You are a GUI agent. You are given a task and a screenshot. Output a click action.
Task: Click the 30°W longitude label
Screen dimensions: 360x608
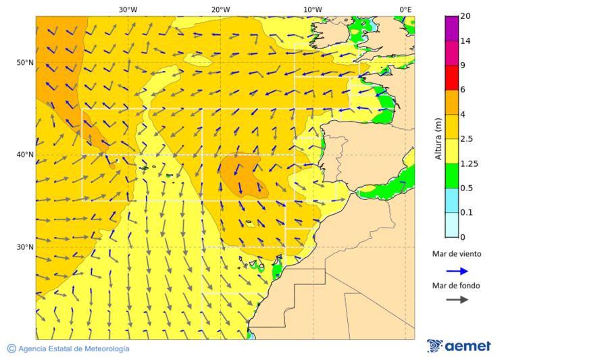(128, 9)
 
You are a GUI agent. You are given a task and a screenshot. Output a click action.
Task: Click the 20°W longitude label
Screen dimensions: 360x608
(220, 9)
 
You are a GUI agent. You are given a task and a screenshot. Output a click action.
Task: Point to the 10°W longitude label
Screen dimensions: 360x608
(312, 9)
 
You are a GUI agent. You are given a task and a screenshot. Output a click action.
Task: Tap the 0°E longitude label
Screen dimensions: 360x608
(405, 9)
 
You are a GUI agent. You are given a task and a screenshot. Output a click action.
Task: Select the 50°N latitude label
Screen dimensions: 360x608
(25, 63)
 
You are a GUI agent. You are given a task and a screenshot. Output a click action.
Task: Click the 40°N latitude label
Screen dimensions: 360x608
(25, 155)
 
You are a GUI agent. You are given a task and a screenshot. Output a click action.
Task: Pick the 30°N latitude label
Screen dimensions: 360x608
(25, 247)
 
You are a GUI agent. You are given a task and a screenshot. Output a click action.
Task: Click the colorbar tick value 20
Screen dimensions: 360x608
(465, 16)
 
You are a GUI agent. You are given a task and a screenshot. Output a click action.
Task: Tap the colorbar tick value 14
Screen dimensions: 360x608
(465, 41)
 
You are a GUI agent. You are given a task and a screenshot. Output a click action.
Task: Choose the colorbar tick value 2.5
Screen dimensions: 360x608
(466, 139)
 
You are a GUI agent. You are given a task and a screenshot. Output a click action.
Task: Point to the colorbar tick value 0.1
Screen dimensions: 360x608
(466, 213)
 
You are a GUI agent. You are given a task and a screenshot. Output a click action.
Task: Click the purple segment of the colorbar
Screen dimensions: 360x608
(451, 28)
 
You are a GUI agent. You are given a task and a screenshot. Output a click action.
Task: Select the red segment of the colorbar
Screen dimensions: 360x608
(451, 77)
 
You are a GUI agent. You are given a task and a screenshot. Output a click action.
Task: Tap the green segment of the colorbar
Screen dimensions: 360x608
(451, 176)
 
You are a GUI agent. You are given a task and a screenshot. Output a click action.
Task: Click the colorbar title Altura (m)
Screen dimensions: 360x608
(438, 138)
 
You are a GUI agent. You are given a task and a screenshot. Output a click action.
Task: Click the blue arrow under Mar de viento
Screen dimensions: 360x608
(457, 271)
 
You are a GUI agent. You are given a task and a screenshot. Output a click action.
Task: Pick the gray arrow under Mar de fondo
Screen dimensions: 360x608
(457, 299)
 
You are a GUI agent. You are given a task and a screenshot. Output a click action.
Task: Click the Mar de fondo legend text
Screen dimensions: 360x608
(456, 286)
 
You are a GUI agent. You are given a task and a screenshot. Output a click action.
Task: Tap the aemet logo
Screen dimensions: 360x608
(459, 346)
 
